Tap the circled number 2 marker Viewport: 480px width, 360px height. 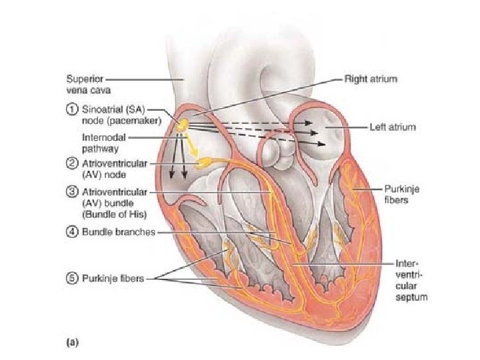tap(69, 163)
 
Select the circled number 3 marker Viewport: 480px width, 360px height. tap(69, 193)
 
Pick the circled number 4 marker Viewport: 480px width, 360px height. tap(69, 232)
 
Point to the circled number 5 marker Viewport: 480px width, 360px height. tap(69, 278)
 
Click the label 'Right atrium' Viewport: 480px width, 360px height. tap(371, 79)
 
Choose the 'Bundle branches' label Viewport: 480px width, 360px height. tap(111, 232)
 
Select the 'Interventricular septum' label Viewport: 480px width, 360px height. tap(411, 280)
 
